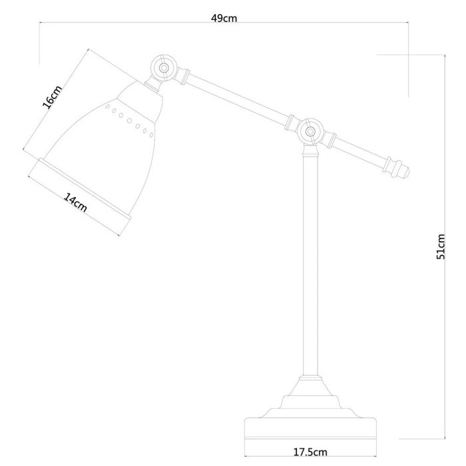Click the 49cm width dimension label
point(224,18)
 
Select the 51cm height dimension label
point(440,247)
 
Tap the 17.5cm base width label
point(311,452)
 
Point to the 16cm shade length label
point(52,98)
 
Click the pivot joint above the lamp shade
point(163,68)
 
